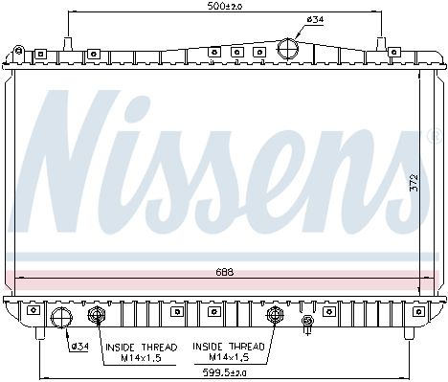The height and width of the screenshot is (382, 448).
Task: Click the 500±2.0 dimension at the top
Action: click(x=225, y=6)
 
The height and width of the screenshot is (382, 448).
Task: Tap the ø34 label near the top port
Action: click(x=315, y=19)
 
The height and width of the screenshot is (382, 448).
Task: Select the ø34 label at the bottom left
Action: click(x=80, y=347)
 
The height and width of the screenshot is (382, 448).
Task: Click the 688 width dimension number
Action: click(x=225, y=272)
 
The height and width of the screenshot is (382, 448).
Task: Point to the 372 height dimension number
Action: click(x=414, y=183)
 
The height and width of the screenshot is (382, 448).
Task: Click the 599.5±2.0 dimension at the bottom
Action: click(x=225, y=372)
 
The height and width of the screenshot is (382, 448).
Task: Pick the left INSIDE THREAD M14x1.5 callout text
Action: click(x=142, y=352)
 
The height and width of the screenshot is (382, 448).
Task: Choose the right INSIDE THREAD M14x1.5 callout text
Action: click(x=229, y=351)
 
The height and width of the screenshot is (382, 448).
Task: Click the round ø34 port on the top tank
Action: click(x=288, y=48)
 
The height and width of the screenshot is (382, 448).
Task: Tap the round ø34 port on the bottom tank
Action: click(x=61, y=318)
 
